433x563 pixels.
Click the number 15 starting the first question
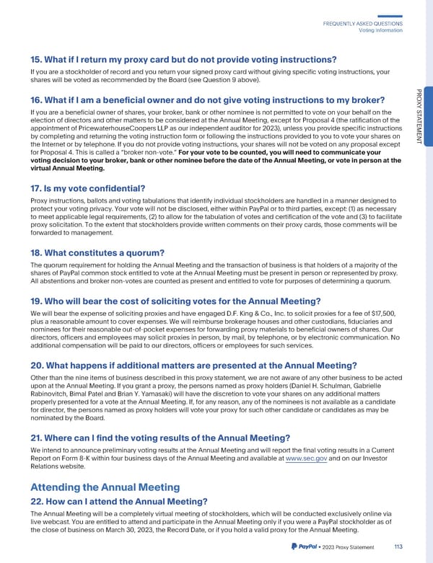pos(38,59)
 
